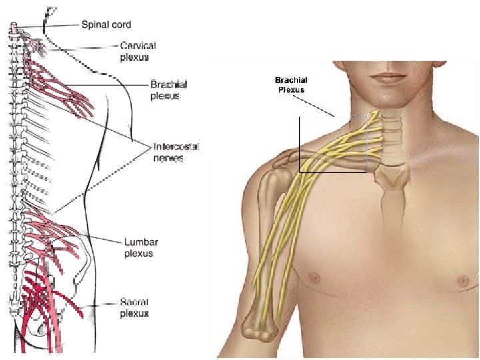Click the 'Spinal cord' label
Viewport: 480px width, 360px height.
tap(106, 25)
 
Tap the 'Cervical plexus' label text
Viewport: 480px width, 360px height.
tap(138, 51)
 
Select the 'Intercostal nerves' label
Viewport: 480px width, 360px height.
tap(176, 153)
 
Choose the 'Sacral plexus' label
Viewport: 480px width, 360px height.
tap(135, 307)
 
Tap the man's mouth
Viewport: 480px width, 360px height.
tap(388, 77)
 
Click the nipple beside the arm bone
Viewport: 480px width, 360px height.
tap(314, 275)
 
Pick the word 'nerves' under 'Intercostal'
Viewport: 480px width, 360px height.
tap(169, 159)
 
